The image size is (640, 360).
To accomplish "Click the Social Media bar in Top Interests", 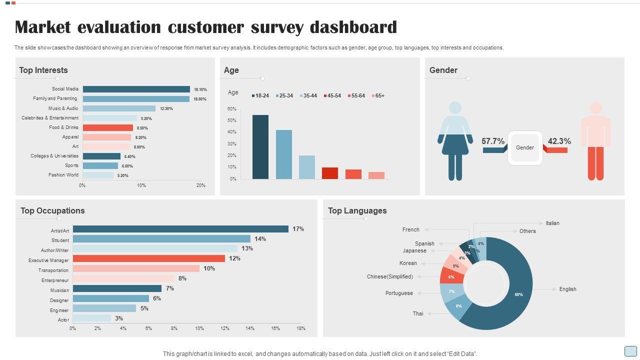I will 136,89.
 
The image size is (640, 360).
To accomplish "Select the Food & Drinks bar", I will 107,127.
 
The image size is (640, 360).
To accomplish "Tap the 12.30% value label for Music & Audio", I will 166,108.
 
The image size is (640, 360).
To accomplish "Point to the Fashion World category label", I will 63,175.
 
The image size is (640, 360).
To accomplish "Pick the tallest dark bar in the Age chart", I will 260,146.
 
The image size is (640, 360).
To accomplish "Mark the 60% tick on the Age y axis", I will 232,109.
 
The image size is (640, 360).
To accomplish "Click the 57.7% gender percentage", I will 493,141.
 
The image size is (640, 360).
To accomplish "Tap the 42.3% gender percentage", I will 559,141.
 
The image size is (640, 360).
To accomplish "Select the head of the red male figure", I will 595,108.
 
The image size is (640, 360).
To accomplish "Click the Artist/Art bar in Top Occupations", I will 180,229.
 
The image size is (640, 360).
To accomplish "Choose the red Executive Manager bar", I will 149,258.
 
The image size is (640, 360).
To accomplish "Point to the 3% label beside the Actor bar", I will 119,318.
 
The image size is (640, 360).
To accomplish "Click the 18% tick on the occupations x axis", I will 301,328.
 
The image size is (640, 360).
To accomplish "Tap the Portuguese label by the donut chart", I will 399,293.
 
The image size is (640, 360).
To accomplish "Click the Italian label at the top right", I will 552,223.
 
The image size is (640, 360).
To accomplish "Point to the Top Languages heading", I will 357,210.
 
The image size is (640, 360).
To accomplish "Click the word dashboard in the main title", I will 353,27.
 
